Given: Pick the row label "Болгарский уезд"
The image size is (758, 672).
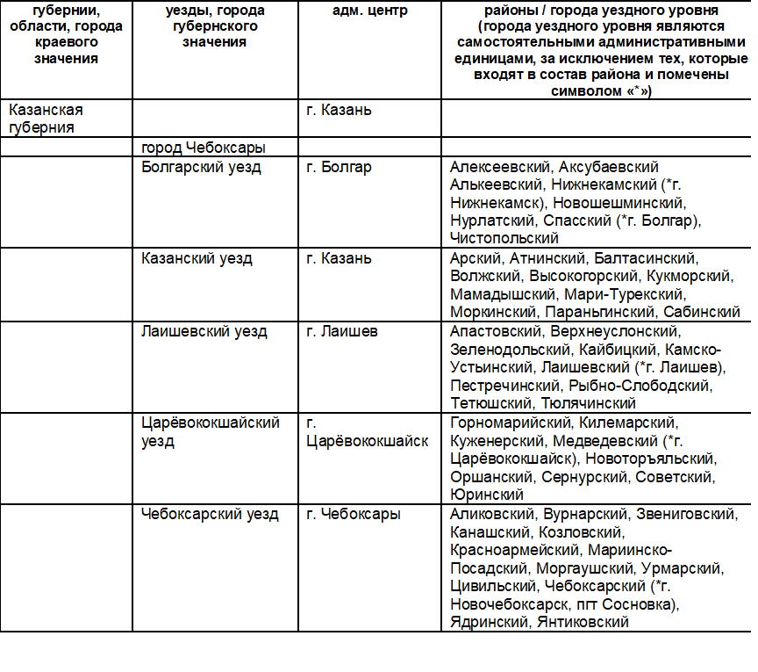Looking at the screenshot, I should click(201, 167).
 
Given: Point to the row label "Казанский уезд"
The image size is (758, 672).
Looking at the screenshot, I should click(197, 258).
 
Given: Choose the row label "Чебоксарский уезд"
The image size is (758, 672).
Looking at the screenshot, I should click(210, 514).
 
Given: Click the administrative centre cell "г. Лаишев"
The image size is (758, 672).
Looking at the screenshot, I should click(341, 332).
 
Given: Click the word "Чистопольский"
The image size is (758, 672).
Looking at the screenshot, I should click(504, 237).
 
